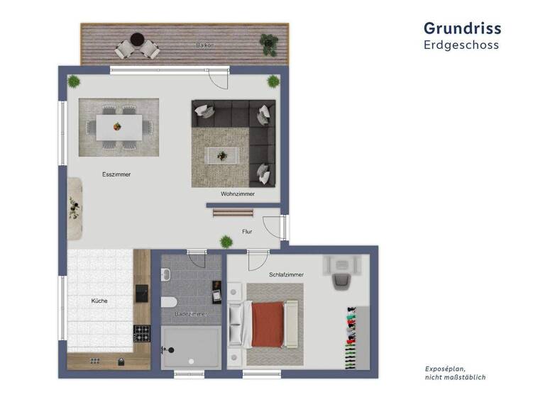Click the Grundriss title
pyautogui.click(x=462, y=28)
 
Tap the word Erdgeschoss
pyautogui.click(x=461, y=45)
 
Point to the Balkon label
pyautogui.click(x=205, y=45)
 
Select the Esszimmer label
pyautogui.click(x=116, y=174)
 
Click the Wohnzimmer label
pyautogui.click(x=237, y=194)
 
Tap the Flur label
pyautogui.click(x=247, y=231)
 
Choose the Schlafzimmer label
pyautogui.click(x=286, y=274)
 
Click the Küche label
pyautogui.click(x=99, y=301)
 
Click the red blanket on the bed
pyautogui.click(x=268, y=324)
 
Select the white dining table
pyautogui.click(x=119, y=127)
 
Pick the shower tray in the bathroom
pyautogui.click(x=190, y=347)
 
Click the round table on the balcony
pyautogui.click(x=138, y=39)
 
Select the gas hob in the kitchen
pyautogui.click(x=142, y=332)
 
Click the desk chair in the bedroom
pyautogui.click(x=341, y=279)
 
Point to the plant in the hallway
pyautogui.click(x=226, y=240)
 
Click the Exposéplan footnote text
pyautogui.click(x=455, y=373)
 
